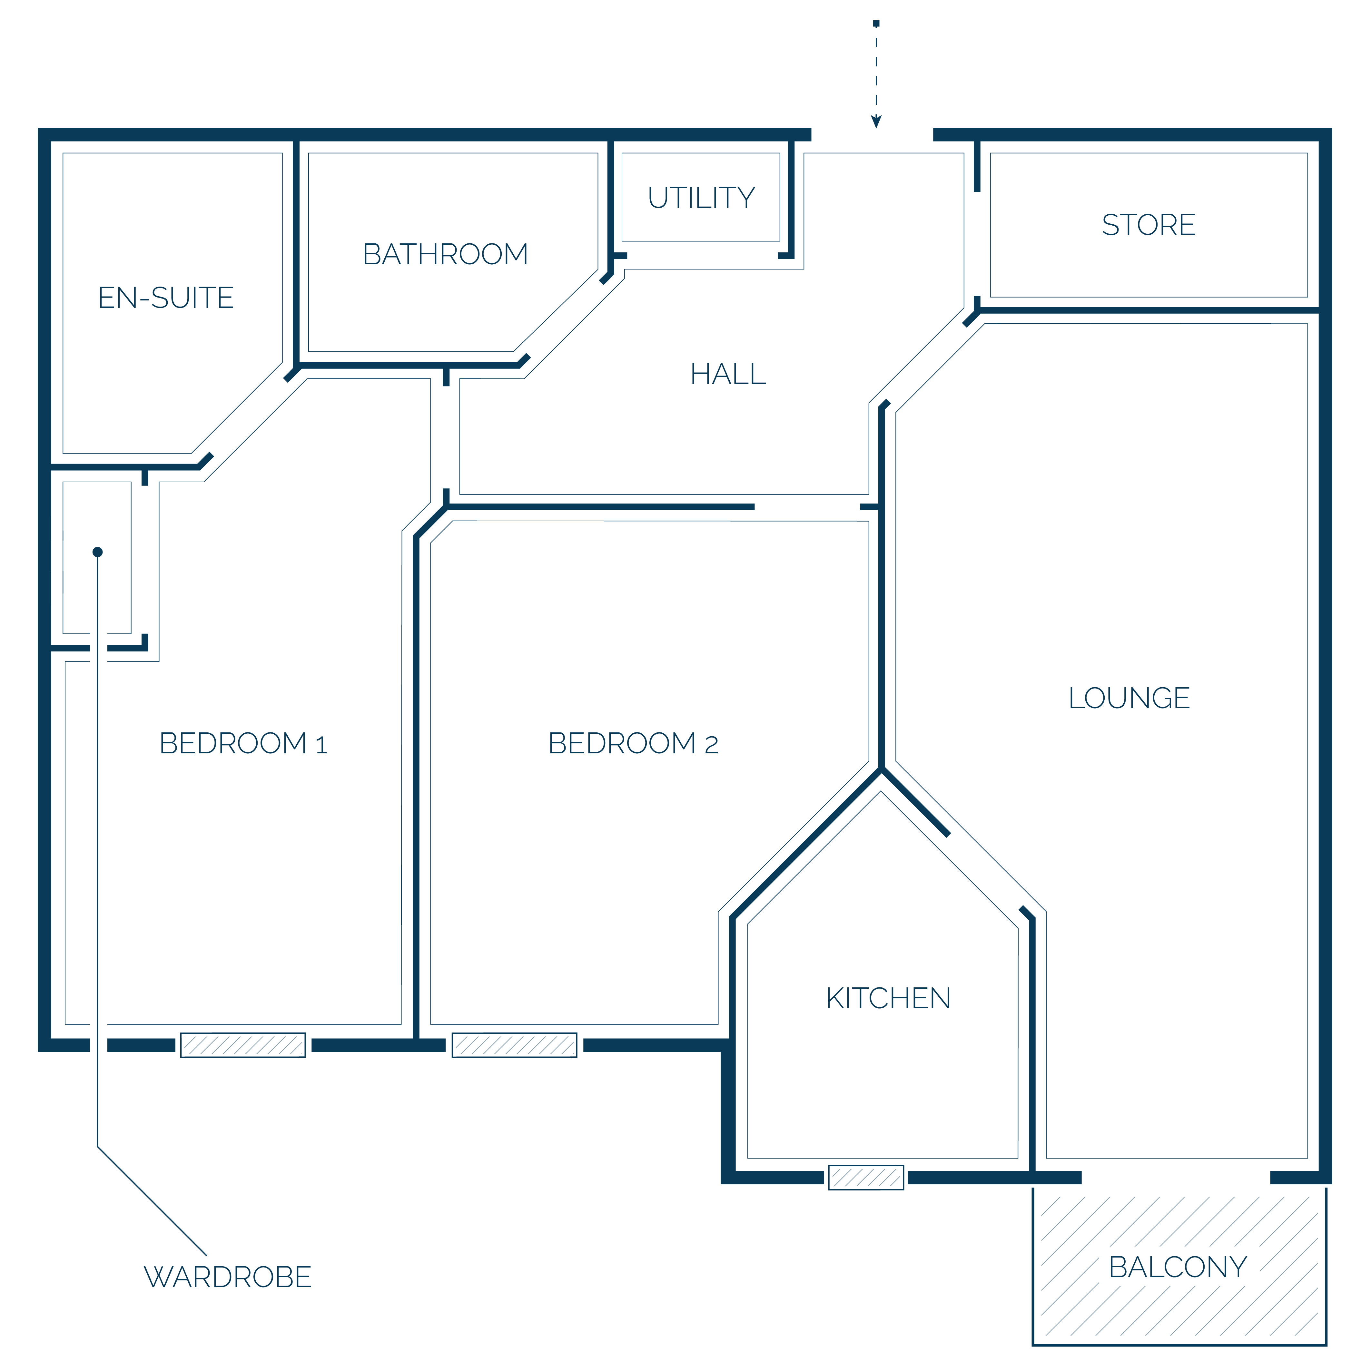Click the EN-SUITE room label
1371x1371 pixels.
click(x=166, y=298)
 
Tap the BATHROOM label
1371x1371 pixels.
click(x=446, y=254)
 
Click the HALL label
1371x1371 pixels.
click(x=728, y=374)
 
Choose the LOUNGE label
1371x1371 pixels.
click(x=1129, y=698)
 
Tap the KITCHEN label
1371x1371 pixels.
click(x=888, y=998)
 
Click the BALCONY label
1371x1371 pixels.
click(x=1178, y=1268)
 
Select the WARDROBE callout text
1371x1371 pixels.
click(x=228, y=1277)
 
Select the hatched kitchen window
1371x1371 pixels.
click(x=866, y=1177)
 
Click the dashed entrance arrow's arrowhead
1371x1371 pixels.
click(x=876, y=121)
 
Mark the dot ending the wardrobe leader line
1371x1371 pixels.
click(x=98, y=552)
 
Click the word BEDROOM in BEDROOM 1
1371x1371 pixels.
click(x=233, y=744)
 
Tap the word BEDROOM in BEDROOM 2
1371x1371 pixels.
click(x=622, y=744)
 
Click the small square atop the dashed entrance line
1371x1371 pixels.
click(x=876, y=24)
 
